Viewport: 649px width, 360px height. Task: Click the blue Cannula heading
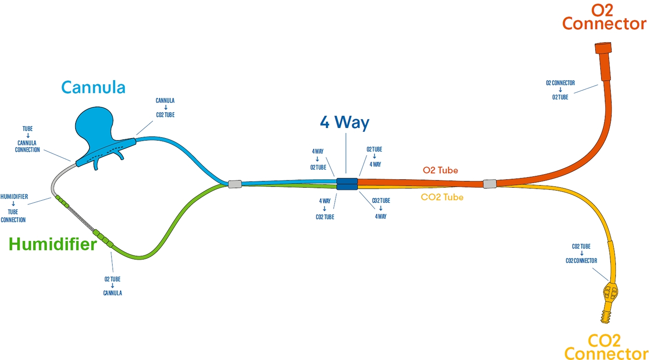tap(93, 87)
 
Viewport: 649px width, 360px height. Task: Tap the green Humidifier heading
tap(52, 244)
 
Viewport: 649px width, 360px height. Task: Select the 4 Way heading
tap(344, 122)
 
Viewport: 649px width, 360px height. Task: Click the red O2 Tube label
tap(440, 170)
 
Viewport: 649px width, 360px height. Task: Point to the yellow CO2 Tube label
tap(442, 197)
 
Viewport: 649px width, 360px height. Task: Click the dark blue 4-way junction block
tap(347, 184)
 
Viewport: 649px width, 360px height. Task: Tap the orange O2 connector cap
tap(603, 48)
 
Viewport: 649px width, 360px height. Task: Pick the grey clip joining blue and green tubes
tap(235, 184)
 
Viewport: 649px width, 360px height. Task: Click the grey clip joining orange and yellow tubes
tap(490, 184)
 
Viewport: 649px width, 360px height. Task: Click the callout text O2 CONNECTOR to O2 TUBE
tap(560, 90)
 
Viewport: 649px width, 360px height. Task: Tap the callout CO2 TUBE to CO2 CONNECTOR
tap(581, 253)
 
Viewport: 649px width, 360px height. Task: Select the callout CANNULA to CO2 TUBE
tap(165, 107)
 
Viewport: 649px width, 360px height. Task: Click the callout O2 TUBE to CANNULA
tap(112, 286)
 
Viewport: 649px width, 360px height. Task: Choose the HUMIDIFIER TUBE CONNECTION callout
tap(14, 208)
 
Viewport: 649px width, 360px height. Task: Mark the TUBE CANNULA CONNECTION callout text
tap(27, 139)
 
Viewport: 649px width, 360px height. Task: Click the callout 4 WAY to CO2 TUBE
tap(325, 208)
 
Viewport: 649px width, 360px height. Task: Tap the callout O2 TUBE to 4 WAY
tap(374, 157)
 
